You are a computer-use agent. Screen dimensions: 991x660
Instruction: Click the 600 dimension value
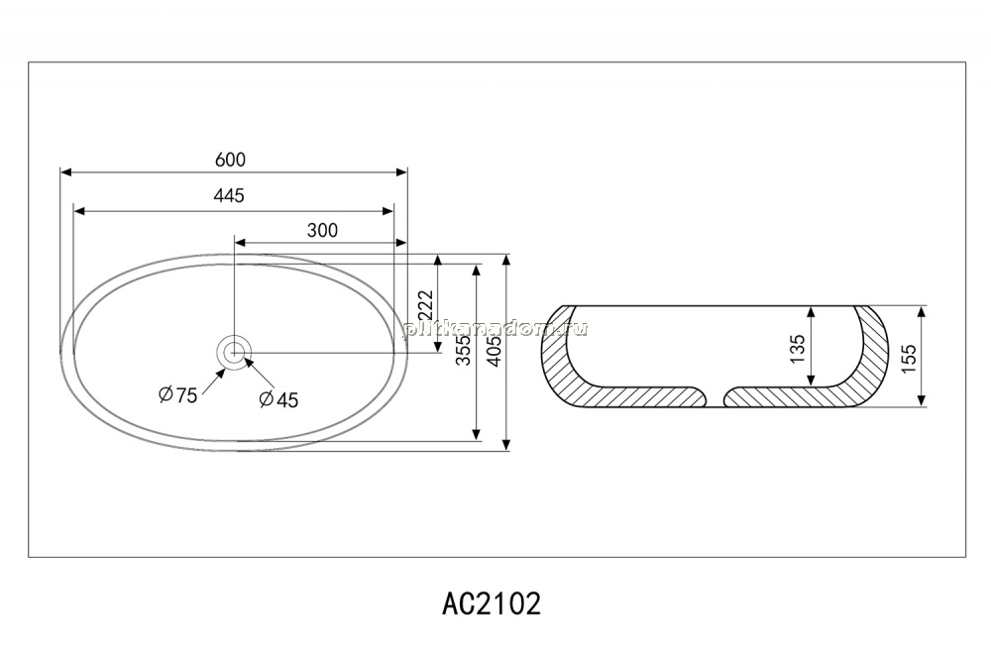tap(230, 160)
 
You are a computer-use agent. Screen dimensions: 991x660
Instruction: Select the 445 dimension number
tap(229, 196)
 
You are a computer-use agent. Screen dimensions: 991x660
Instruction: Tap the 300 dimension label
tap(322, 230)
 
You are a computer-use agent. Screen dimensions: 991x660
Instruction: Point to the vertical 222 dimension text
tap(425, 306)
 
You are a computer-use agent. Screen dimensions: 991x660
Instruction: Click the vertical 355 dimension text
tap(464, 349)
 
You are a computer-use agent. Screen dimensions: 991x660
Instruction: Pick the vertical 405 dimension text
tap(495, 350)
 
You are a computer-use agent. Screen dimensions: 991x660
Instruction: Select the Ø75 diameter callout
tap(177, 395)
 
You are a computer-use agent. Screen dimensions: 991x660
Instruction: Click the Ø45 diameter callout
tap(278, 399)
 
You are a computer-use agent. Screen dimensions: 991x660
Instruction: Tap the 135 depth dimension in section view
tap(798, 349)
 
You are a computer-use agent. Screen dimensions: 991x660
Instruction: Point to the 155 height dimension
tap(908, 359)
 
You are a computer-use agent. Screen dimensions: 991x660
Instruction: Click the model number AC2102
tap(492, 604)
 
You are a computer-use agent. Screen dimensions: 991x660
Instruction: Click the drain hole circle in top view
tap(235, 352)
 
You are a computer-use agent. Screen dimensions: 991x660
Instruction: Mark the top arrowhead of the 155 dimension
tap(922, 312)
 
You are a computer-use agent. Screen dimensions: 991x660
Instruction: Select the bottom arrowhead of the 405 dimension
tap(506, 444)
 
